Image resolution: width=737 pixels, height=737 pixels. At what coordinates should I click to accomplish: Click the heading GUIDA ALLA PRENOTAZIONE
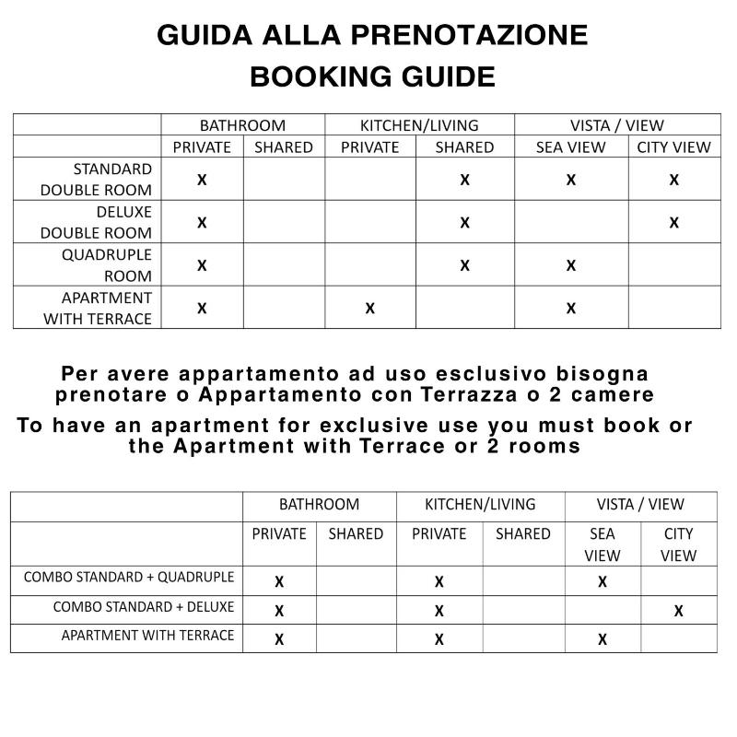click(x=371, y=35)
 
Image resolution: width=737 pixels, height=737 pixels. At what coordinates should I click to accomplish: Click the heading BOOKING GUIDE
click(x=371, y=76)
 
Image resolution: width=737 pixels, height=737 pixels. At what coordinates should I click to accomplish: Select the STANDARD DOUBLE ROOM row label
click(x=96, y=180)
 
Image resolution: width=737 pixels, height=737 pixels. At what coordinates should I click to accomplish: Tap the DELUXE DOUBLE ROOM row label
click(x=96, y=222)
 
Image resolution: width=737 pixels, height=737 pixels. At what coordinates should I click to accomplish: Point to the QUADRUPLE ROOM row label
click(x=106, y=264)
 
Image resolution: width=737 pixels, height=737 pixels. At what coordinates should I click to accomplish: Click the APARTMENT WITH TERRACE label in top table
click(x=97, y=308)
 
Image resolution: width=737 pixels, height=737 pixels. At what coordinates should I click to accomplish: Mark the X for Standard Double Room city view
click(x=674, y=181)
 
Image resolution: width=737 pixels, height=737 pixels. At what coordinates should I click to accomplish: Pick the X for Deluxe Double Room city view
click(x=674, y=223)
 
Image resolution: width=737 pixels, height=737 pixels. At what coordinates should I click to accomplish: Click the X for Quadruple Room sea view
click(x=571, y=266)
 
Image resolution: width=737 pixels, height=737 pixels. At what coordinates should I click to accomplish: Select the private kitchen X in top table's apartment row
click(x=370, y=309)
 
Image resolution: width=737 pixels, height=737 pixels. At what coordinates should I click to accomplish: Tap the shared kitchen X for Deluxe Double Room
click(x=464, y=223)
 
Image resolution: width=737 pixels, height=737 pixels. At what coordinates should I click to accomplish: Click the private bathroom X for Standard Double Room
click(x=202, y=181)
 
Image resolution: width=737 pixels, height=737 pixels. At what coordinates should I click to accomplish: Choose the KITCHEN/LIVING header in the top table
click(x=419, y=125)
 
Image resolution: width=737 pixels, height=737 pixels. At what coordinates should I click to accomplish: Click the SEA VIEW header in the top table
click(x=571, y=147)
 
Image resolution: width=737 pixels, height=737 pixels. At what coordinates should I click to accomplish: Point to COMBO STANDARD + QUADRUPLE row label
click(x=129, y=578)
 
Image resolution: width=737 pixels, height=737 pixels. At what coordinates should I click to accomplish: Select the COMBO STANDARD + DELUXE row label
click(x=144, y=607)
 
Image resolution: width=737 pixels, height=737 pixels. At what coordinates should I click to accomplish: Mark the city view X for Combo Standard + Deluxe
click(x=679, y=611)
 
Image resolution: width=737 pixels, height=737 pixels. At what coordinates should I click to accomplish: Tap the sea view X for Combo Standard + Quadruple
click(x=602, y=582)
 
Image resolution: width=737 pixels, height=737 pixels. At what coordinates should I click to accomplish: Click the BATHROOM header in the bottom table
click(x=319, y=505)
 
